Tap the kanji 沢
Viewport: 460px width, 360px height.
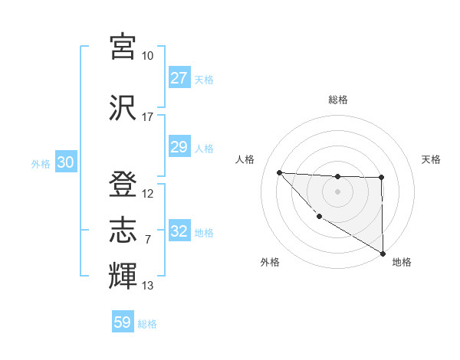pos(123,106)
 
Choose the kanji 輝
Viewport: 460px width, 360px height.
pos(123,276)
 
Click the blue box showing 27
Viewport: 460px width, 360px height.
pos(179,78)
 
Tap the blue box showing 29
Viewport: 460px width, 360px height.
pos(179,147)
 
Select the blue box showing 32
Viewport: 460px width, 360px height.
pos(179,231)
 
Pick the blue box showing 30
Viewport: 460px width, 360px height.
pos(65,163)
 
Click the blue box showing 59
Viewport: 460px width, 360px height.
pos(123,322)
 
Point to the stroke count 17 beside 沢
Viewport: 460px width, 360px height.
pos(147,117)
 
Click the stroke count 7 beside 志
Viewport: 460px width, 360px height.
pos(147,240)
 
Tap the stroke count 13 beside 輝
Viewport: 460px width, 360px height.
pos(147,286)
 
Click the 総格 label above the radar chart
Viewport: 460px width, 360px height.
pos(337,100)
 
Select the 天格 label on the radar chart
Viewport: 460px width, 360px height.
pos(431,159)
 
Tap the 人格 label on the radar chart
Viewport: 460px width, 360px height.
pos(245,159)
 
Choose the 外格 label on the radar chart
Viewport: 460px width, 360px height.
pos(269,262)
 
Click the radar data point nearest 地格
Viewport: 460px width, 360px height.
pos(383,254)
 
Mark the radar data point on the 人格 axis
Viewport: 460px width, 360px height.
pos(279,172)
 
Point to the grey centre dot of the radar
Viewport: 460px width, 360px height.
pos(337,191)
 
